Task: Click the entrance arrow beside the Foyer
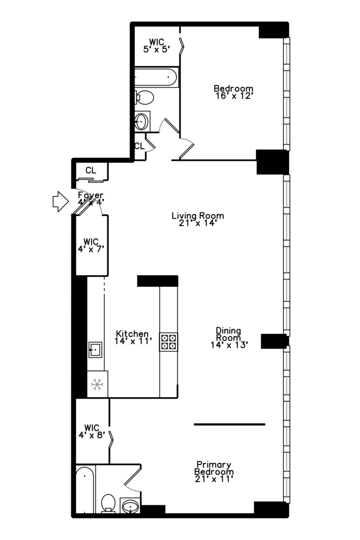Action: tap(59, 201)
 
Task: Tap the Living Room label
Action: tap(197, 219)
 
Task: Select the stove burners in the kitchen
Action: tap(168, 341)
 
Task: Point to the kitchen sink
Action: tap(95, 349)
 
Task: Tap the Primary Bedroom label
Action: tap(214, 471)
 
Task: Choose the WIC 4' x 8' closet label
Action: tap(91, 431)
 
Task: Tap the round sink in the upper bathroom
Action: tap(141, 120)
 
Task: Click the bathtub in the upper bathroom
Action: tap(155, 77)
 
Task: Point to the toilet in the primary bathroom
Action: tap(108, 502)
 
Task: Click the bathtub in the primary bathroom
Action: tap(85, 490)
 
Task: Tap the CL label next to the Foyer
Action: tap(90, 170)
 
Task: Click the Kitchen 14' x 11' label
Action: tap(132, 337)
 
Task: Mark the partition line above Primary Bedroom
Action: tap(229, 424)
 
